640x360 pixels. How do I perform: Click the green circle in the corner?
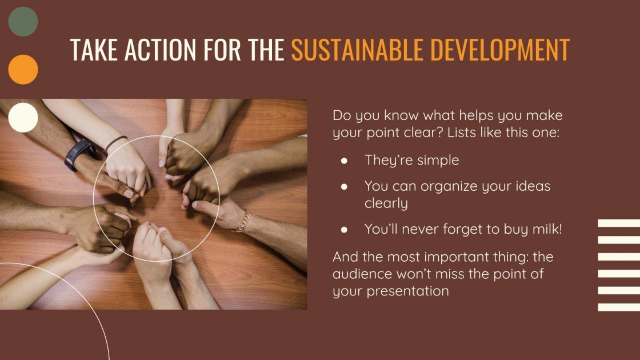coord(23,22)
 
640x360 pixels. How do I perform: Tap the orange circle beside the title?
coord(23,70)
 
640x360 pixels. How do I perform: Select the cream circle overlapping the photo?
coord(23,118)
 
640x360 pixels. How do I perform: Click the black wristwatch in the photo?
coord(79,154)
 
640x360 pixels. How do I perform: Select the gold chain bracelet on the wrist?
coord(244,220)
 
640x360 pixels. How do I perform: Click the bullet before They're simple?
coord(344,161)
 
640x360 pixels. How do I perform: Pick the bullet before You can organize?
coord(344,186)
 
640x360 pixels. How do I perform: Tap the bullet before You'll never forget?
coord(344,230)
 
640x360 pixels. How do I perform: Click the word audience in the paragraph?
coord(359,274)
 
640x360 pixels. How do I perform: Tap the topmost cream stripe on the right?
coord(619,223)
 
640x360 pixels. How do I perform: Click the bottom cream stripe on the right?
coord(619,307)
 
